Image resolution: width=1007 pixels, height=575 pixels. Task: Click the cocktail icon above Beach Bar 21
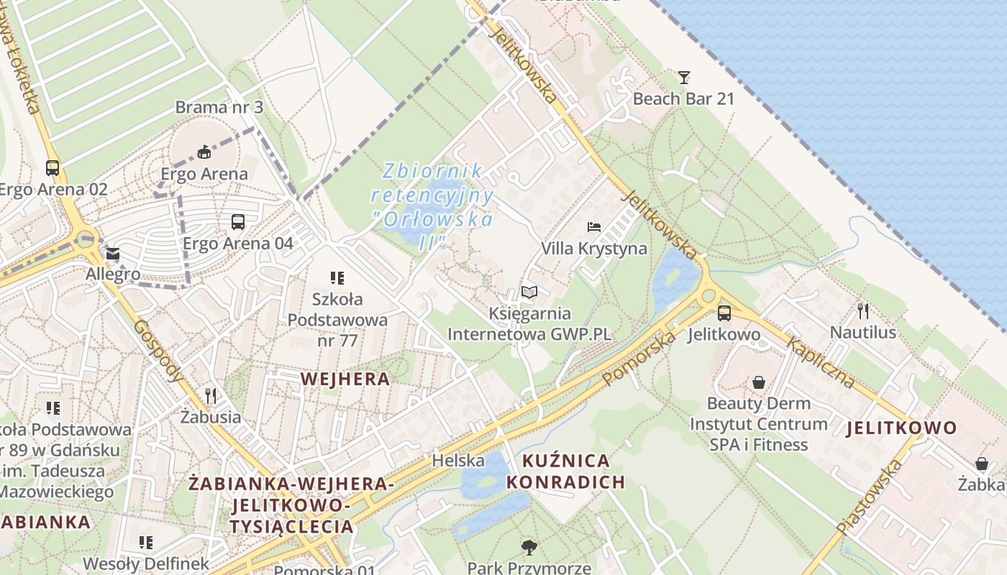(683, 77)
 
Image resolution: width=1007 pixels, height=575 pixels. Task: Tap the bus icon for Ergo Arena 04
(238, 222)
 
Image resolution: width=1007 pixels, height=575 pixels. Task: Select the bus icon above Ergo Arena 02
(53, 168)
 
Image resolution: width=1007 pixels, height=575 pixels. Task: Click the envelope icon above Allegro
(113, 254)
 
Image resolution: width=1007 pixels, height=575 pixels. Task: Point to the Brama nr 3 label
(219, 108)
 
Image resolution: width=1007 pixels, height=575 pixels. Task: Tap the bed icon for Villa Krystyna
(594, 227)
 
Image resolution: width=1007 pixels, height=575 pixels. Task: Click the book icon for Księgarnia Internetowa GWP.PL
(529, 293)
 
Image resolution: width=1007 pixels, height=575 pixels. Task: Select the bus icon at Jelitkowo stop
(724, 313)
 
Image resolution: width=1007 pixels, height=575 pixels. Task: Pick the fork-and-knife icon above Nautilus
(863, 310)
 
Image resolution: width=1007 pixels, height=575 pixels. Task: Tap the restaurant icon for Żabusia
(211, 395)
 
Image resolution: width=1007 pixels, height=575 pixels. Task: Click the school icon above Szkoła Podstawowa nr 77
(337, 277)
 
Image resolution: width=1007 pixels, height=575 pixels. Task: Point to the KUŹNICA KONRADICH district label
(566, 471)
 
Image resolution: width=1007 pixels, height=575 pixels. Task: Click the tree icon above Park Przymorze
(529, 547)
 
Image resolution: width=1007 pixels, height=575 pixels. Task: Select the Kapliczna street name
(821, 362)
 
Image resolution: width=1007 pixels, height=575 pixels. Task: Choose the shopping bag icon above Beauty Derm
(759, 382)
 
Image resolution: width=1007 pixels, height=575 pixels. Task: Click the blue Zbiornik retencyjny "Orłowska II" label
(432, 206)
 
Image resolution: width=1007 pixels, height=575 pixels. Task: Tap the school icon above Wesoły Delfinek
(146, 542)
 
